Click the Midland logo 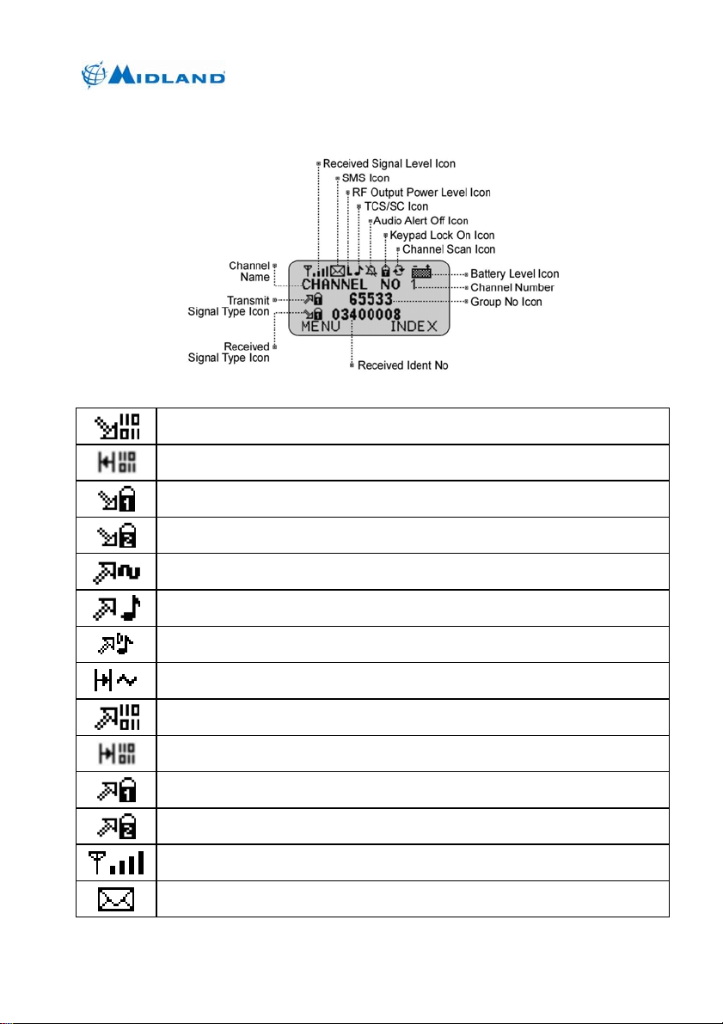pyautogui.click(x=155, y=74)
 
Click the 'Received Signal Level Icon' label pyautogui.click(x=389, y=163)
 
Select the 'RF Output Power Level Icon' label pyautogui.click(x=421, y=192)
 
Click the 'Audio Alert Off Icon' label pyautogui.click(x=420, y=221)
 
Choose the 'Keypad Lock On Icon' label pyautogui.click(x=442, y=235)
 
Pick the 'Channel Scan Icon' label pyautogui.click(x=449, y=249)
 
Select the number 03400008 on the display pyautogui.click(x=366, y=314)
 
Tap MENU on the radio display pyautogui.click(x=314, y=328)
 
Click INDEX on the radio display pyautogui.click(x=414, y=328)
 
